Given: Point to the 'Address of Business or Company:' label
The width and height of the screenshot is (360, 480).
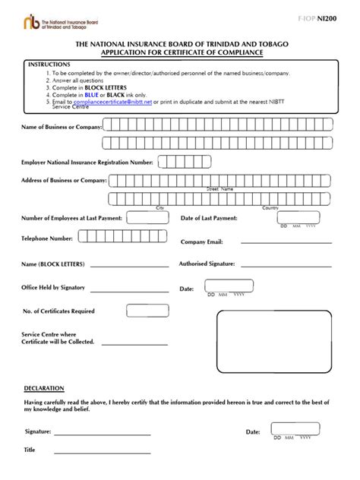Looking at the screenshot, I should click(x=65, y=180).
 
